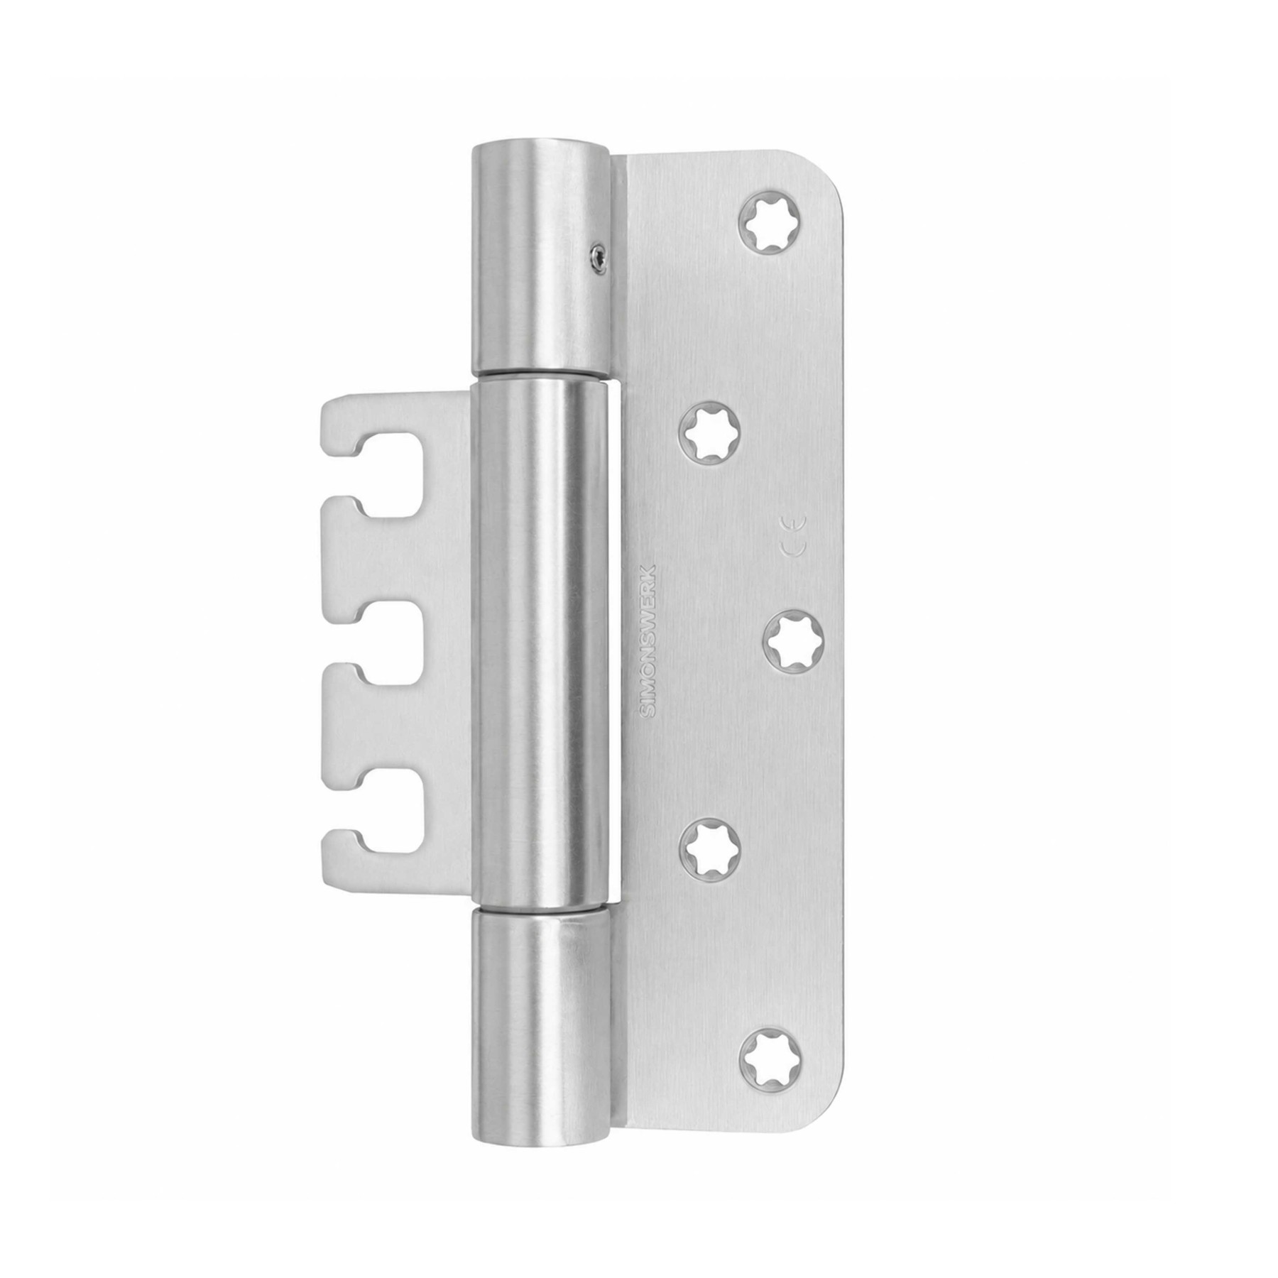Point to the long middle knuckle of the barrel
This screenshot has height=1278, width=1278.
tap(543, 643)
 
